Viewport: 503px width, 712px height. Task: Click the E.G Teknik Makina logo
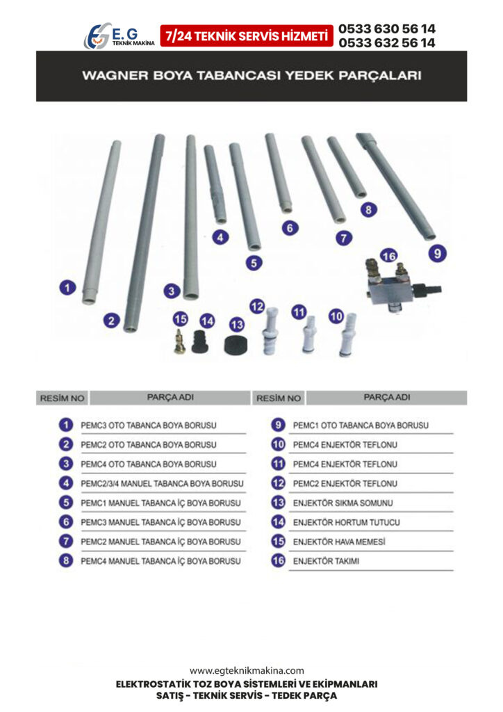(x=119, y=36)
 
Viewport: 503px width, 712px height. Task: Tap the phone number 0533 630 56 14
(x=387, y=29)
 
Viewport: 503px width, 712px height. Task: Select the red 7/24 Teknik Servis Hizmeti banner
(x=247, y=36)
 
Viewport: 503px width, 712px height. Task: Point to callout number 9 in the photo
(x=437, y=253)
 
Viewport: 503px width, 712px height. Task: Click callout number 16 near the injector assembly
(x=388, y=256)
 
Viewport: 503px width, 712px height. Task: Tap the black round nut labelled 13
(x=237, y=344)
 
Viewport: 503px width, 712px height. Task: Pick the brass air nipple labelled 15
(x=180, y=341)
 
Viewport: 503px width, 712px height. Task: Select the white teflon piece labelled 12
(x=271, y=330)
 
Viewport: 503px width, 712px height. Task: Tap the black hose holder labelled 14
(x=199, y=342)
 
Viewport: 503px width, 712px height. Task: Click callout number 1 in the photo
(x=67, y=287)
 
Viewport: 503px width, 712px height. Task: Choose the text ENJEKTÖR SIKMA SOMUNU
(x=343, y=503)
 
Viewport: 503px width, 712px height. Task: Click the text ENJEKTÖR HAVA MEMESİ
(x=339, y=542)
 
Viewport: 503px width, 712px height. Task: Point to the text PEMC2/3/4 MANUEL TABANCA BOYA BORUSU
(x=162, y=484)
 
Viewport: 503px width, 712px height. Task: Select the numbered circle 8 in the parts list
(x=66, y=561)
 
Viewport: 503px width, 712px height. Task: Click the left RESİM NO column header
(x=62, y=398)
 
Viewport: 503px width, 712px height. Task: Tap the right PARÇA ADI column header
(x=387, y=397)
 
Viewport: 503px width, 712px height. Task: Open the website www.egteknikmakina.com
(x=247, y=671)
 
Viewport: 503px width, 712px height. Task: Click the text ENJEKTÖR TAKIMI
(x=326, y=561)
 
